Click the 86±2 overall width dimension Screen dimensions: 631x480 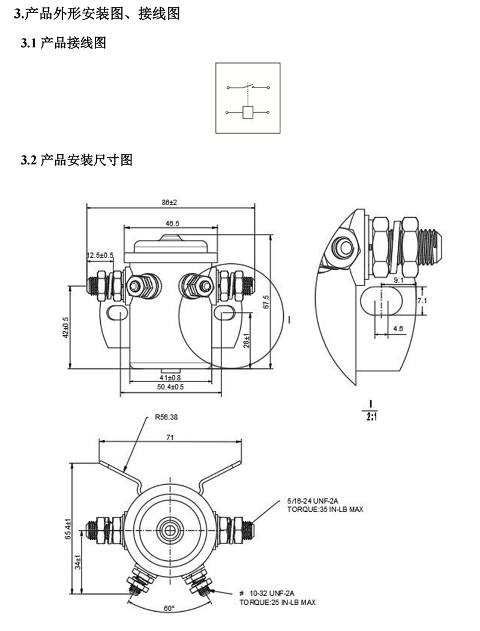point(170,203)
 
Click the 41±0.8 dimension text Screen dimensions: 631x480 point(170,377)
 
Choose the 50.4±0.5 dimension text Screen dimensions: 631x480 point(170,387)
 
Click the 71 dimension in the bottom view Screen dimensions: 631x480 point(170,438)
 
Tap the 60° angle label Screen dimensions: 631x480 point(170,608)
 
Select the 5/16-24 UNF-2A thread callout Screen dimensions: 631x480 point(313,500)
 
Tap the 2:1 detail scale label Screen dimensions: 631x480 point(371,414)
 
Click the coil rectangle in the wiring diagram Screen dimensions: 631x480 point(247,112)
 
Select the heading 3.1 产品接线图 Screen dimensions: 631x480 point(63,43)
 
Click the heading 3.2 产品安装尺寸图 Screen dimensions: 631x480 point(76,160)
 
